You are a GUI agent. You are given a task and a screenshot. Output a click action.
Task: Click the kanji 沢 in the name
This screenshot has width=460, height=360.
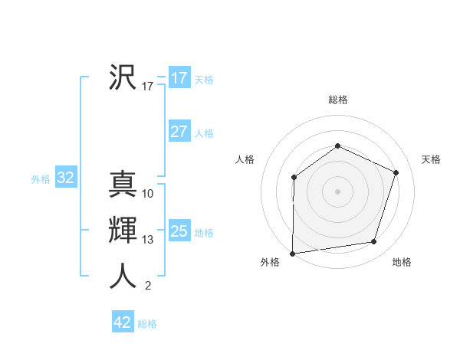click(123, 77)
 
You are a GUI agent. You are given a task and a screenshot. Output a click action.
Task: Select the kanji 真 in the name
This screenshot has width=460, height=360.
click(123, 184)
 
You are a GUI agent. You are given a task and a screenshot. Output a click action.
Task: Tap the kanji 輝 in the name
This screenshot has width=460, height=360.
click(123, 230)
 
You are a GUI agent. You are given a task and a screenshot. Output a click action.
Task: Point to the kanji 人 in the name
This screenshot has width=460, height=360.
click(123, 276)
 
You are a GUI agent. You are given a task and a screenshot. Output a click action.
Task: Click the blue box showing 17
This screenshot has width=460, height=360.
click(179, 77)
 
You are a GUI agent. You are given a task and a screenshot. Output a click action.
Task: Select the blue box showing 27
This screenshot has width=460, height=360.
click(179, 132)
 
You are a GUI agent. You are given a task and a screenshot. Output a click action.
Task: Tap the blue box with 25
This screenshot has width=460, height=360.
click(179, 231)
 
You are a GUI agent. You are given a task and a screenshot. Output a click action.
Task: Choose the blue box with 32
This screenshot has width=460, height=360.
click(65, 178)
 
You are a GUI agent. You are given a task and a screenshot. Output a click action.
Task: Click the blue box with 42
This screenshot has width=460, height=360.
click(123, 322)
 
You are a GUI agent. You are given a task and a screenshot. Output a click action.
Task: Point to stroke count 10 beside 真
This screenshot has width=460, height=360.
click(148, 194)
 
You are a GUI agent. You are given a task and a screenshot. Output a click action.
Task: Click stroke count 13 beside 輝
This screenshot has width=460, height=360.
click(148, 240)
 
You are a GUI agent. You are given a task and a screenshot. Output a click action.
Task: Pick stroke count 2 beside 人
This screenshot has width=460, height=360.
click(148, 286)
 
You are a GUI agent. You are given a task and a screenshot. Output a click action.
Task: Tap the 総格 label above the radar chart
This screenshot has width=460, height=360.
click(337, 100)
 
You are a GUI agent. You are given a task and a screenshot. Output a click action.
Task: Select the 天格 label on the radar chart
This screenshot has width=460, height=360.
click(431, 159)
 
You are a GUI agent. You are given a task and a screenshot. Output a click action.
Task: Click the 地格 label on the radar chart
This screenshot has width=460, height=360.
click(402, 262)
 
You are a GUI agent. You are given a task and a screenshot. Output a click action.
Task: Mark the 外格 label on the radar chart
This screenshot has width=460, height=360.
click(270, 262)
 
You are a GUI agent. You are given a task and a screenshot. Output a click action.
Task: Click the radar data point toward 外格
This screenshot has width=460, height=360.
click(293, 253)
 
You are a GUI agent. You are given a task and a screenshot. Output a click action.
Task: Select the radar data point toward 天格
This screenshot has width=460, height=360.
click(396, 172)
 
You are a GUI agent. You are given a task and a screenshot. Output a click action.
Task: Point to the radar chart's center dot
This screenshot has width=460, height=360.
click(337, 191)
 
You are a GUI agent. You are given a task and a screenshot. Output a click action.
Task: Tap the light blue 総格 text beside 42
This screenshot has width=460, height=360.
click(147, 324)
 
